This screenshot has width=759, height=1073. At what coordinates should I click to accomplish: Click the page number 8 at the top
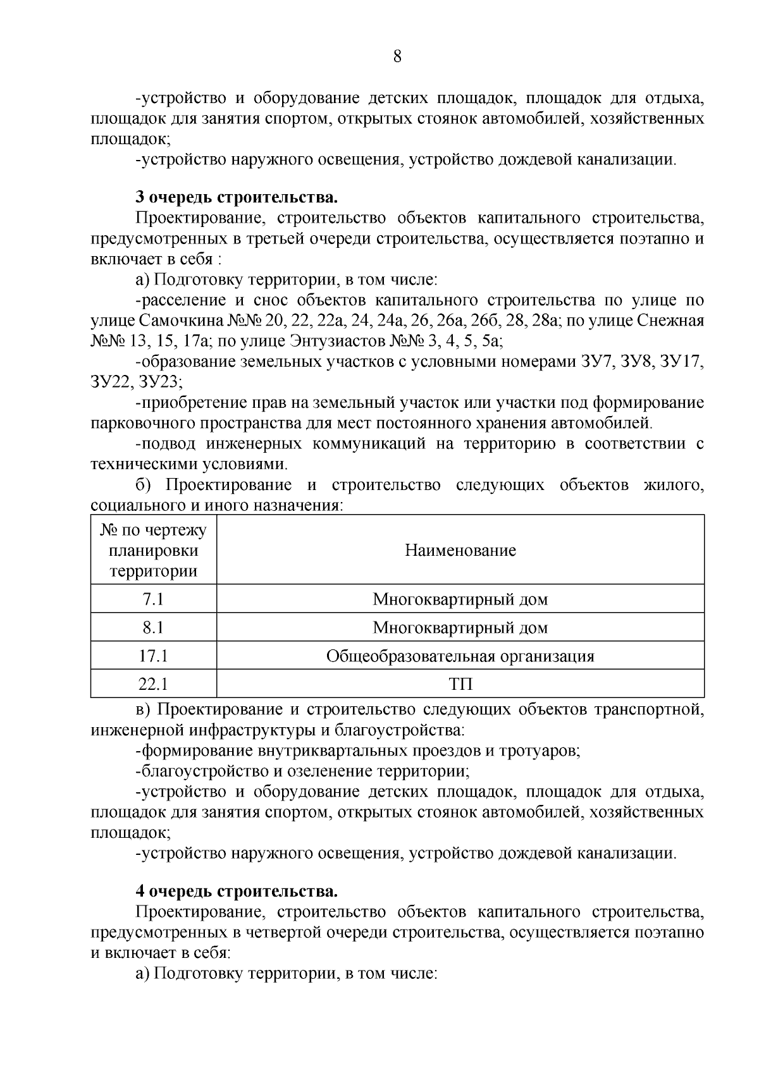click(397, 57)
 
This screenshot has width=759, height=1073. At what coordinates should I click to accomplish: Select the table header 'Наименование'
click(460, 551)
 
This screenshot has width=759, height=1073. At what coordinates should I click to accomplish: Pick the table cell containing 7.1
click(153, 599)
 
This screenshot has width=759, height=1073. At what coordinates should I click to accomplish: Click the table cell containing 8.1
click(153, 628)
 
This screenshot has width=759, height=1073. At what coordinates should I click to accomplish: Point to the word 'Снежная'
click(672, 321)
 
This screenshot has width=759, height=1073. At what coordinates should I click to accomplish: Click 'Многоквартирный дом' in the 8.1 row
click(460, 628)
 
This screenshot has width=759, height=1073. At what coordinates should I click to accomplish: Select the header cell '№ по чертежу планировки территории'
click(153, 551)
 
